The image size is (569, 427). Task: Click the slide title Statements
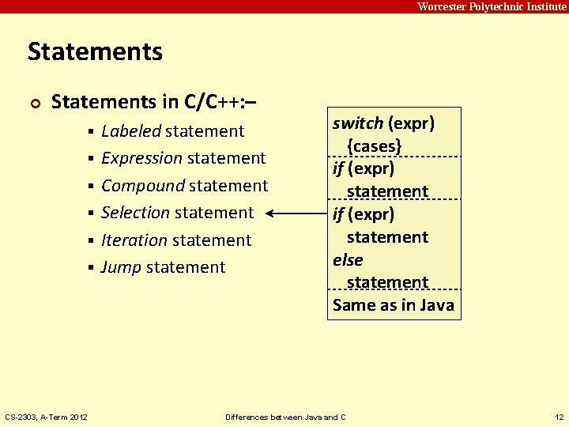(95, 52)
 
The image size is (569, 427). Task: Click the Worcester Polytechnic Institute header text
(491, 6)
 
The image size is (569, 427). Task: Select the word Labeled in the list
(131, 131)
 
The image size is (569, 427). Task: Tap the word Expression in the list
(142, 158)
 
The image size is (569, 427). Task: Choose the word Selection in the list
(136, 213)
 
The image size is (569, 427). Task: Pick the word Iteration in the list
(134, 240)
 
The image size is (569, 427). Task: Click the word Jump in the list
(121, 267)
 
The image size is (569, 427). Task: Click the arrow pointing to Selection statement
(296, 213)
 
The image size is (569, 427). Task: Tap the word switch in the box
(358, 123)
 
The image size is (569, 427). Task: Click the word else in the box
(348, 259)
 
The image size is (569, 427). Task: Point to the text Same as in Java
(394, 305)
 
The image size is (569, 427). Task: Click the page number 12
(560, 417)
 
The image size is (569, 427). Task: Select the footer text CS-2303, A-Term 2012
(47, 417)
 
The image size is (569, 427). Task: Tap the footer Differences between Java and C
(285, 417)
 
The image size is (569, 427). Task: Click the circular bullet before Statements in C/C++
(35, 103)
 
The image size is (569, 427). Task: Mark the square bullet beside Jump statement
(92, 268)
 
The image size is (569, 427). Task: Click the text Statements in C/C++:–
(153, 102)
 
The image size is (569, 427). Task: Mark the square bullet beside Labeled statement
(92, 131)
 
